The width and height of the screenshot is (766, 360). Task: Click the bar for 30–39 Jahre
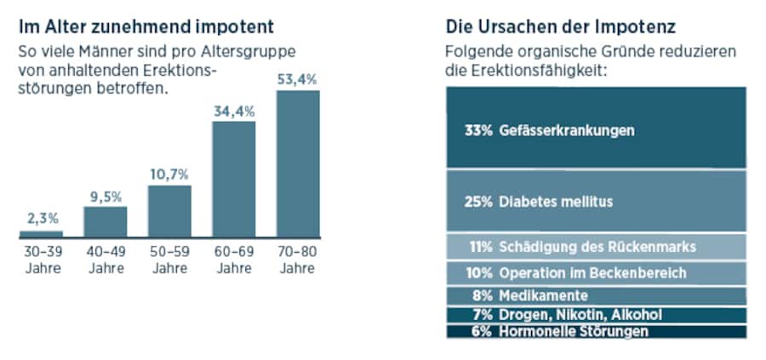tap(41, 233)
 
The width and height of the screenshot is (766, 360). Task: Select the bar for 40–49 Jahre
tap(105, 221)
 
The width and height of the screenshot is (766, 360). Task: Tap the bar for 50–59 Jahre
tap(169, 210)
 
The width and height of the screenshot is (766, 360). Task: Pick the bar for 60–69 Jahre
tap(233, 179)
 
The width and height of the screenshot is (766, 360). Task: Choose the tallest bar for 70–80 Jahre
tap(298, 163)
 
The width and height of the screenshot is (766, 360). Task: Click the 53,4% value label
tap(298, 79)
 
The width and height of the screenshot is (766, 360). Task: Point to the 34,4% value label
tap(233, 111)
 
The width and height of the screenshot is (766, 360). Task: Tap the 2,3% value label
tap(41, 220)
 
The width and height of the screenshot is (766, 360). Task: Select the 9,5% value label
tap(105, 197)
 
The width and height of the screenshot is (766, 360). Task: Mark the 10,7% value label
tap(169, 174)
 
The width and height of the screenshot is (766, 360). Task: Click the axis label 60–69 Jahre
tap(233, 260)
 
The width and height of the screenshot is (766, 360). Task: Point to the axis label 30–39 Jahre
tap(41, 260)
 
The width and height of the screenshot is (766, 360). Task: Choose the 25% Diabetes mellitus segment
tap(596, 201)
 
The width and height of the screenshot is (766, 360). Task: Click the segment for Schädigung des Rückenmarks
tap(596, 247)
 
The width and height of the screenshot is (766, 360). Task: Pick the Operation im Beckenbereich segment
tap(596, 273)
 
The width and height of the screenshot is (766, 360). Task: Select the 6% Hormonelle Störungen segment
tap(596, 331)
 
